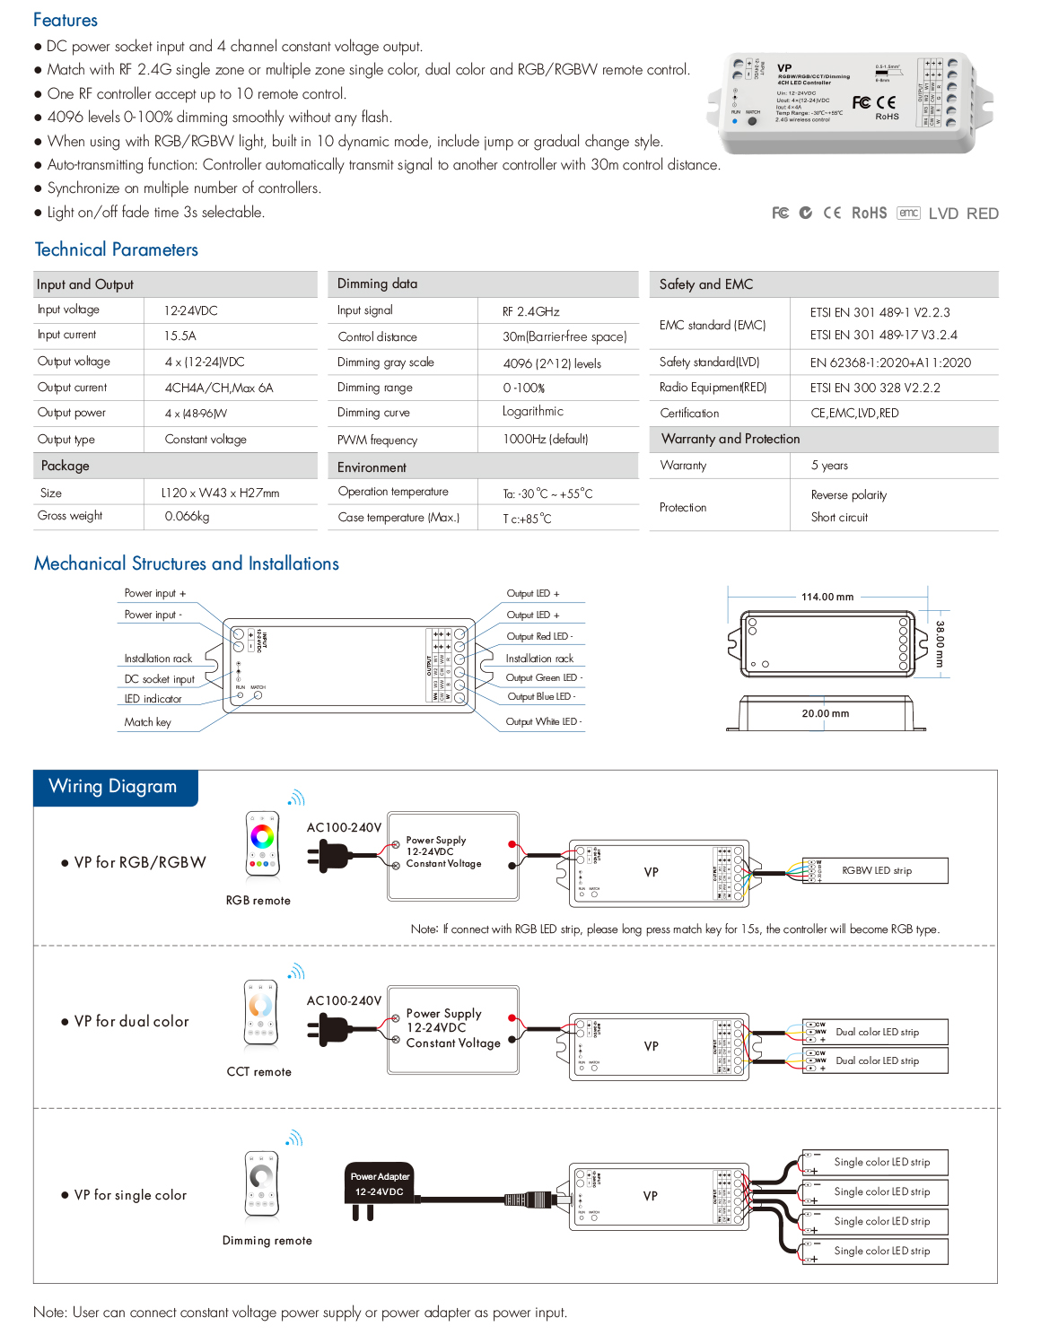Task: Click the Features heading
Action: pos(65,20)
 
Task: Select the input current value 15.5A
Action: pos(179,336)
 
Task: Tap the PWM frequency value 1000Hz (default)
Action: pos(545,440)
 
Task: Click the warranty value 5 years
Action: pos(828,466)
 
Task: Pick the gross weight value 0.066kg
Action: pos(187,517)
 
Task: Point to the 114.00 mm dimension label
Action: pos(827,597)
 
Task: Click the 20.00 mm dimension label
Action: pos(825,714)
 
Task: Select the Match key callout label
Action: pos(147,722)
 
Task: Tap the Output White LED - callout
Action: pos(543,721)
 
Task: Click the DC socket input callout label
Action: pos(159,679)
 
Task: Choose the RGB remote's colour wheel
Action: pos(262,837)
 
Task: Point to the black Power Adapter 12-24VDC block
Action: pos(380,1183)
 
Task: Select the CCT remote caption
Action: pos(258,1072)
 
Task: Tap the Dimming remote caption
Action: pos(267,1241)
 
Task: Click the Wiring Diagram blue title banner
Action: pos(114,787)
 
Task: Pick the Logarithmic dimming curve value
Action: pos(533,412)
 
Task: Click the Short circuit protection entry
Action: pos(839,518)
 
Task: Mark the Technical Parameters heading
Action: pos(117,249)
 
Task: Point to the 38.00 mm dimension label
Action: pos(939,643)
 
